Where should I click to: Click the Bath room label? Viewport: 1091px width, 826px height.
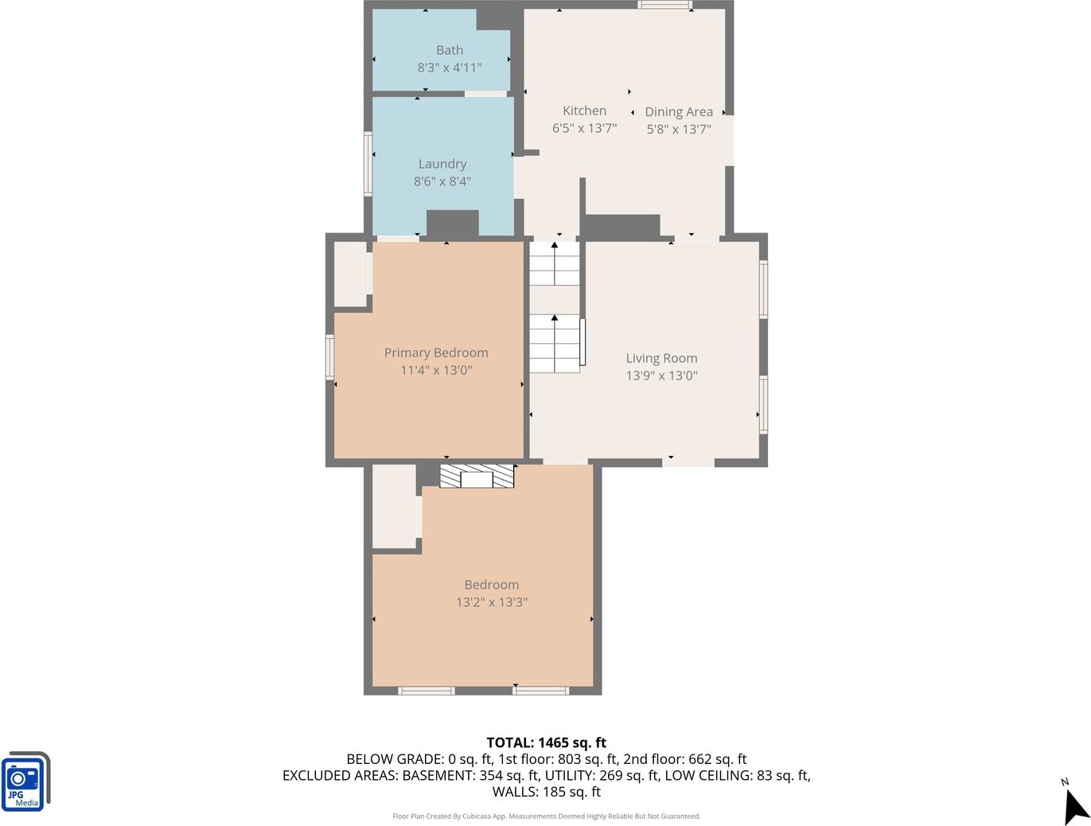click(450, 50)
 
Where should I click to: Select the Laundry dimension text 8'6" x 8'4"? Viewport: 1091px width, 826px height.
click(442, 181)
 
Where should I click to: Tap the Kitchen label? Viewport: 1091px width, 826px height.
click(584, 111)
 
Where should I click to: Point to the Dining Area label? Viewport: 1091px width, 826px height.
click(679, 112)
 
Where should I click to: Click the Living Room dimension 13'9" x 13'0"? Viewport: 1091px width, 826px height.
click(661, 376)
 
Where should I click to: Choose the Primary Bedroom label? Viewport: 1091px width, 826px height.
click(436, 353)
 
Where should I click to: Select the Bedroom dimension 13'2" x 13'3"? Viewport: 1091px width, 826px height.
click(492, 602)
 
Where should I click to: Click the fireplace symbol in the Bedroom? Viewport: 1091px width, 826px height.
click(477, 476)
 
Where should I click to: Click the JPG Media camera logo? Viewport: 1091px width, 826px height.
click(25, 781)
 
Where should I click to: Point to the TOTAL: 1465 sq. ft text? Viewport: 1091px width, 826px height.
click(546, 742)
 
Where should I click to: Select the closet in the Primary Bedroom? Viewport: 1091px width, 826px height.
click(350, 275)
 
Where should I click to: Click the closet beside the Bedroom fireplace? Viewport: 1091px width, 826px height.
click(394, 506)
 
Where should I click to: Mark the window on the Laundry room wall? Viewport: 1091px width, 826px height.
click(368, 164)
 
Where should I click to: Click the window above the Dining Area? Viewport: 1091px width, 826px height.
click(664, 5)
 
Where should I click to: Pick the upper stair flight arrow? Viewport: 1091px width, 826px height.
click(554, 263)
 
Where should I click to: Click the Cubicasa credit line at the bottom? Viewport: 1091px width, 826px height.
click(546, 816)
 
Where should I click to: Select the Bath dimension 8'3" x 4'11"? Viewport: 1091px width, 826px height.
click(450, 68)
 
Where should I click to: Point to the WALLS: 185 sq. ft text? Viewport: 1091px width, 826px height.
click(546, 792)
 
